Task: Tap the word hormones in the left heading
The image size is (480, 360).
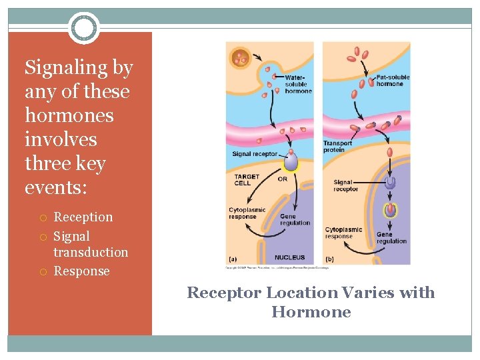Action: click(69, 115)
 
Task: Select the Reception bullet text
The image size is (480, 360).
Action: click(83, 217)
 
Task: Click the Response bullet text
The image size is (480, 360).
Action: click(81, 271)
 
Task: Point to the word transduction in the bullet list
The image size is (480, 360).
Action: click(91, 252)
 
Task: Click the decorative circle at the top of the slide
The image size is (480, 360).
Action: click(84, 28)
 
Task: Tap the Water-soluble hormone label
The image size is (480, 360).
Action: click(297, 85)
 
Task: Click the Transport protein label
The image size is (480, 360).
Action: click(337, 147)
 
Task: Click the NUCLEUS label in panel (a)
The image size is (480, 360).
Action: click(289, 257)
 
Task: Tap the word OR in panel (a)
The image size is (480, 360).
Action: click(283, 179)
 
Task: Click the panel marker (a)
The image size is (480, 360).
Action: click(233, 258)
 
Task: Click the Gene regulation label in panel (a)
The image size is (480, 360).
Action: click(295, 219)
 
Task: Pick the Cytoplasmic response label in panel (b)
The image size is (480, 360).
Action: click(343, 233)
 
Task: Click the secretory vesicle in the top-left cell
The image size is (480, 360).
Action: click(240, 58)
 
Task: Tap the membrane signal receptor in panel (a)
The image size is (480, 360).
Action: click(291, 162)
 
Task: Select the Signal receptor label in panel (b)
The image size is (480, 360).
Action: click(345, 185)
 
